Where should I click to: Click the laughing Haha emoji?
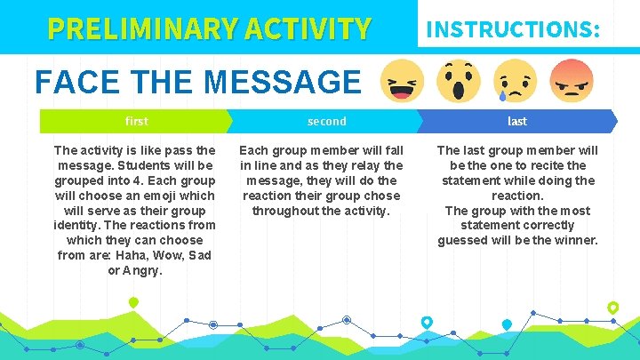(403, 83)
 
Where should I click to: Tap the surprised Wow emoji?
(458, 81)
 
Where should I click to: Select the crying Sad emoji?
(514, 81)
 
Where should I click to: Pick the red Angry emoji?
(572, 81)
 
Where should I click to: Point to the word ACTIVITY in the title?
(301, 29)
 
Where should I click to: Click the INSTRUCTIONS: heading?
(513, 29)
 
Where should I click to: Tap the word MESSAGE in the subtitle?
(283, 83)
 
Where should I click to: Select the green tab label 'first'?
(137, 121)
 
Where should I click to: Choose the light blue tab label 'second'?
(326, 121)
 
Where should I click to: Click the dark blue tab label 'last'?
(516, 121)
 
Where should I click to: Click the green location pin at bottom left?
(133, 304)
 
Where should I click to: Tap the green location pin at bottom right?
(612, 308)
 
